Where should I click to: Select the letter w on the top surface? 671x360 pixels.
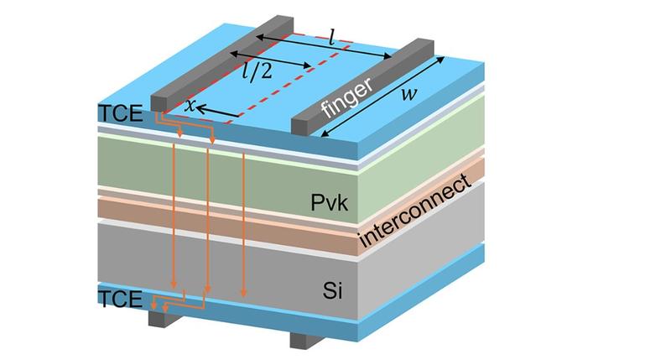click(409, 92)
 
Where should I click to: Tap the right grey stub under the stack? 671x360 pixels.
click(301, 339)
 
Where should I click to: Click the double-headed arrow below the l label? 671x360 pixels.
click(324, 46)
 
